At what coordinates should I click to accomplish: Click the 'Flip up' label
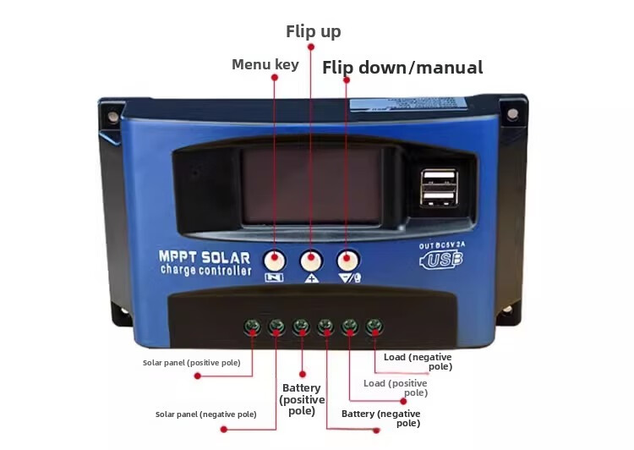click(313, 32)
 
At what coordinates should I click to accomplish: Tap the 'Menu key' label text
click(265, 64)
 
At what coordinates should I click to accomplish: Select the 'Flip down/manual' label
click(402, 68)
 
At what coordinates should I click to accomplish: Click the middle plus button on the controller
click(312, 260)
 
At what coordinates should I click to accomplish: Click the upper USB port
click(440, 178)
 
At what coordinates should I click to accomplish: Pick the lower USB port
click(440, 197)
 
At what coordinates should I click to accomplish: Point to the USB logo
click(441, 261)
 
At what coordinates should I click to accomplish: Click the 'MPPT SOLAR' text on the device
click(205, 256)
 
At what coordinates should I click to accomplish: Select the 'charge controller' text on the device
click(205, 271)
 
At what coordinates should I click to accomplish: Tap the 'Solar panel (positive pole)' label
click(191, 363)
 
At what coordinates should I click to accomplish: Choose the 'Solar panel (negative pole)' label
click(205, 414)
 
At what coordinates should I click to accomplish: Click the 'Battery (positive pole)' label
click(302, 399)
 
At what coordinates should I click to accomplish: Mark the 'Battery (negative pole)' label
click(380, 418)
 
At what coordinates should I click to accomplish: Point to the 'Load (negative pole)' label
click(418, 361)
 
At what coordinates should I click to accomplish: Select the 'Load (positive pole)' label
click(396, 387)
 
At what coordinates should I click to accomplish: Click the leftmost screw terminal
click(251, 326)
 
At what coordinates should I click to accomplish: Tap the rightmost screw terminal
click(374, 326)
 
